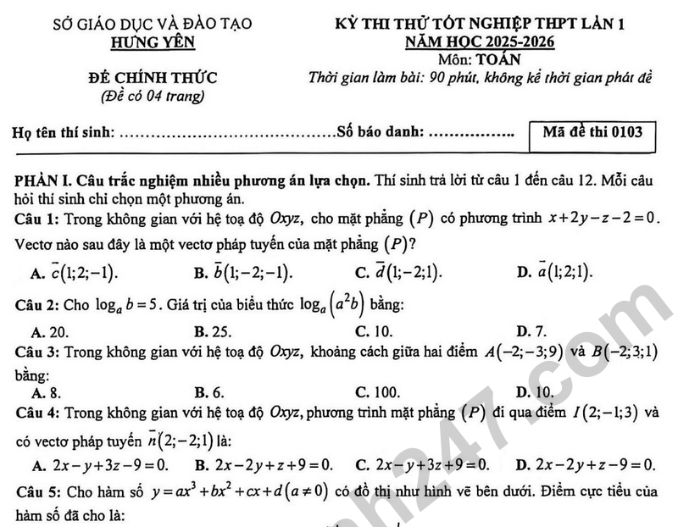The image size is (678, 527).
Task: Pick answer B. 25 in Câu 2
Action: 213,331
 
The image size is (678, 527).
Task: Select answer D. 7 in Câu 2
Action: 531,331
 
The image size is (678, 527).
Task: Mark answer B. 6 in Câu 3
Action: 208,392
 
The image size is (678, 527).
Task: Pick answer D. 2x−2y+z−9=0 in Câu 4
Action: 586,464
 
